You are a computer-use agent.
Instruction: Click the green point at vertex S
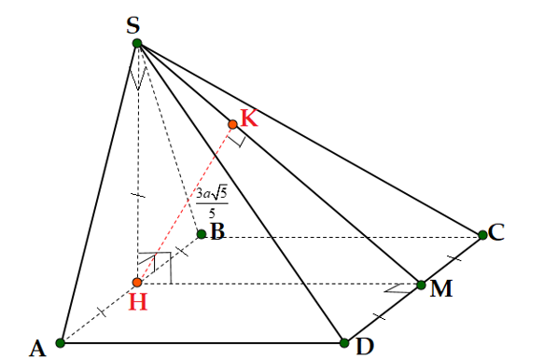coord(137,43)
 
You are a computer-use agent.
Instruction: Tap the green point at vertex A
coord(61,342)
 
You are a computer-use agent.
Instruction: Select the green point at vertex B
coord(201,233)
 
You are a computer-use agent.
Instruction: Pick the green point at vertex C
coord(482,235)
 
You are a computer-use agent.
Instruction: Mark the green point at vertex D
coord(344,342)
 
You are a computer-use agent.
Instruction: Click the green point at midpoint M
coord(421,284)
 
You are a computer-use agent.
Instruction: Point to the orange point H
coord(137,282)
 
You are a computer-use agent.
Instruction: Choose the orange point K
coord(232,123)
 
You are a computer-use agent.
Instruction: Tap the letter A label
coord(37,349)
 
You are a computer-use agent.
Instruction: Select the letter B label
coord(217,231)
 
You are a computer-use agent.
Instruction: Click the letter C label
coord(497,232)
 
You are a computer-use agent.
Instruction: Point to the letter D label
coord(365,346)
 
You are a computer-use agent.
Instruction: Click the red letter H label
coord(137,303)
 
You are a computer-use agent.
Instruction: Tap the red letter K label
coord(248,118)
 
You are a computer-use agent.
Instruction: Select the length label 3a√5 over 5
coord(211,202)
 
